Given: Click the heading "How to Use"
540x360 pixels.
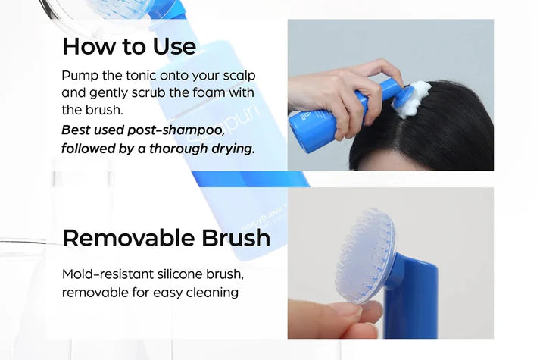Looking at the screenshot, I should (x=129, y=46).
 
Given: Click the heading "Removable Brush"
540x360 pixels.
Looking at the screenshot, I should (x=166, y=238).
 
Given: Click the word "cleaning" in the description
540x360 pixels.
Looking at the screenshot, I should (x=212, y=292).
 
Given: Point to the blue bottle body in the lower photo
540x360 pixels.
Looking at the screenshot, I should (x=413, y=303).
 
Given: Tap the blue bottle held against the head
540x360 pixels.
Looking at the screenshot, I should (x=333, y=121).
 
